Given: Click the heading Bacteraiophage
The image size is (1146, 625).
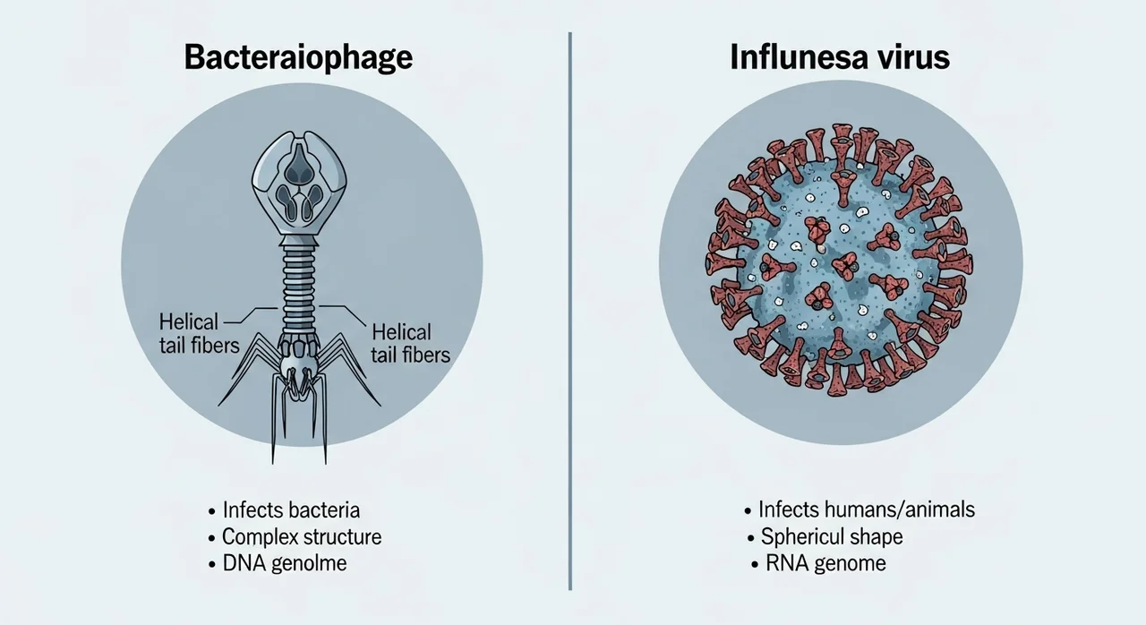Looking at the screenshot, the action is pos(298,58).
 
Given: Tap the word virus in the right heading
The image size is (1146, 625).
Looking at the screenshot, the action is pos(913,56).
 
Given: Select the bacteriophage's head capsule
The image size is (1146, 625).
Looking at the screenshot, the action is pos(299,183).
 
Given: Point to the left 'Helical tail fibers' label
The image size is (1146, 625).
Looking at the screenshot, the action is pos(199,334).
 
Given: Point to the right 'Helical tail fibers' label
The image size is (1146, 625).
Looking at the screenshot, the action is pos(410,344).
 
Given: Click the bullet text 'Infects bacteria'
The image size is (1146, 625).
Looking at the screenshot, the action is pos(291,509).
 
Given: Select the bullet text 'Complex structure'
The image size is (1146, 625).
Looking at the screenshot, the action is pos(302,537).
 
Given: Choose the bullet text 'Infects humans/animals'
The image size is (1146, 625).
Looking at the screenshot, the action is pos(867,509).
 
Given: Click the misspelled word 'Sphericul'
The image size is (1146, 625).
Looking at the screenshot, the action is pos(802,537).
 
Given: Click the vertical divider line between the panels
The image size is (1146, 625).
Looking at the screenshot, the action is pos(570,311).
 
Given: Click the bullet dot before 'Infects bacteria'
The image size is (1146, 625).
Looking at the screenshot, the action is pos(212,511).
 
